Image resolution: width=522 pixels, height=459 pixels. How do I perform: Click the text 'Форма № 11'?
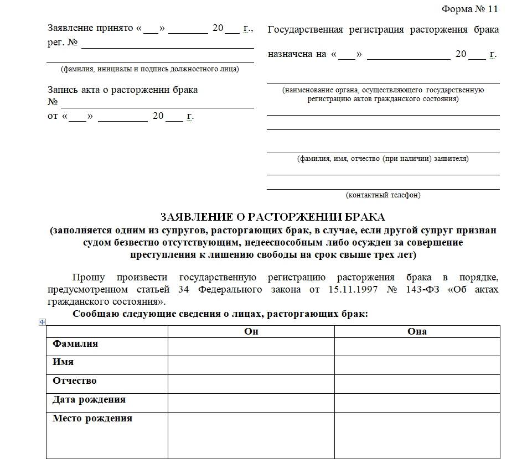coord(470,9)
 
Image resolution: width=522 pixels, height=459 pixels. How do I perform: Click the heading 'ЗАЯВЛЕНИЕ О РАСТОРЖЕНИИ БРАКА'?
coord(272,216)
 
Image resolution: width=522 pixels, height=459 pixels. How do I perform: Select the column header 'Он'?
coord(251,331)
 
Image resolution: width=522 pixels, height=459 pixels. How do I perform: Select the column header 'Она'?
coord(417,331)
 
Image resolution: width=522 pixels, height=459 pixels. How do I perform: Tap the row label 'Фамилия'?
coord(75,343)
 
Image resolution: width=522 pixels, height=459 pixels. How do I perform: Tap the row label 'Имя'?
coord(63,362)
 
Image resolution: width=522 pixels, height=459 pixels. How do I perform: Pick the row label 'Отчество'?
coord(75,380)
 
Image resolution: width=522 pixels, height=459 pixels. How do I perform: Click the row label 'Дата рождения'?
coord(89,399)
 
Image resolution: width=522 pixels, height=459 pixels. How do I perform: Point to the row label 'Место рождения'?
coord(92,418)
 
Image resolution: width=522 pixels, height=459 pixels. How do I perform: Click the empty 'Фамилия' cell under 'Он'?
coord(251,347)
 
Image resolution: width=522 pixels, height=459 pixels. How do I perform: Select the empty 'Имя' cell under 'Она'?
coord(417,365)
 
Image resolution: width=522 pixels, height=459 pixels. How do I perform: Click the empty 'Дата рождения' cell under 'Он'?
coord(251,402)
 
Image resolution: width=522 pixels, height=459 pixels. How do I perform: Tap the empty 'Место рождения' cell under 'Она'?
coord(417,434)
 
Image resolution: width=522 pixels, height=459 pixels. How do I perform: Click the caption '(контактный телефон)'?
coord(383,195)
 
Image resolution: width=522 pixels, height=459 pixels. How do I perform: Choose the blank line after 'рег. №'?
coord(167,44)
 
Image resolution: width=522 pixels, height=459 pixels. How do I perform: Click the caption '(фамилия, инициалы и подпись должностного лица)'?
coord(150,69)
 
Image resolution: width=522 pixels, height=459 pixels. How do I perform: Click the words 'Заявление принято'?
coord(91,28)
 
